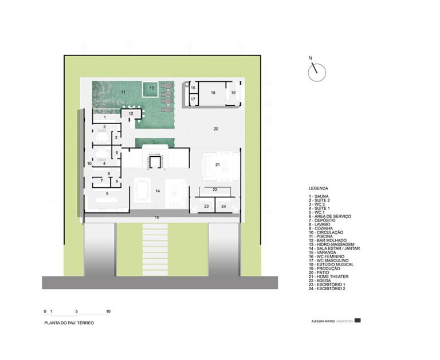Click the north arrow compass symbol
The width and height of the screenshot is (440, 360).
pyautogui.click(x=316, y=71)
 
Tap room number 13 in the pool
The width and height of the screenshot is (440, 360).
pyautogui.click(x=152, y=88)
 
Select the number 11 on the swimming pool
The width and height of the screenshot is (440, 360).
pyautogui.click(x=122, y=92)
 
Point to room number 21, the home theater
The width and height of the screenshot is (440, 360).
pyautogui.click(x=218, y=165)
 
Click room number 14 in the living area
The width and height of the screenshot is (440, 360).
pyautogui.click(x=156, y=190)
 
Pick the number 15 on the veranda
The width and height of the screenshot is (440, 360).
pyautogui.click(x=156, y=218)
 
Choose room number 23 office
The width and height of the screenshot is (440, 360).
pyautogui.click(x=205, y=205)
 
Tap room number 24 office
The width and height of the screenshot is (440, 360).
pyautogui.click(x=224, y=205)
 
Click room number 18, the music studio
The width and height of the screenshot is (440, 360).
pyautogui.click(x=213, y=92)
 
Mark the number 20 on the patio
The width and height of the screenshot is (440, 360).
pyautogui.click(x=216, y=129)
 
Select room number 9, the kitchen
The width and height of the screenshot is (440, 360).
pyautogui.click(x=107, y=194)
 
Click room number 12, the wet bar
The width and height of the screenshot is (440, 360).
pyautogui.click(x=131, y=114)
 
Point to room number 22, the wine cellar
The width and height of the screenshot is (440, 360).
pyautogui.click(x=215, y=189)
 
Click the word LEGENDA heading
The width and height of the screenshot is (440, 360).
pyautogui.click(x=319, y=188)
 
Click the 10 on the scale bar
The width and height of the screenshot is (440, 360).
pyautogui.click(x=108, y=312)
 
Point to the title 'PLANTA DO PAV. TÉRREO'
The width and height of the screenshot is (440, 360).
pyautogui.click(x=69, y=323)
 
